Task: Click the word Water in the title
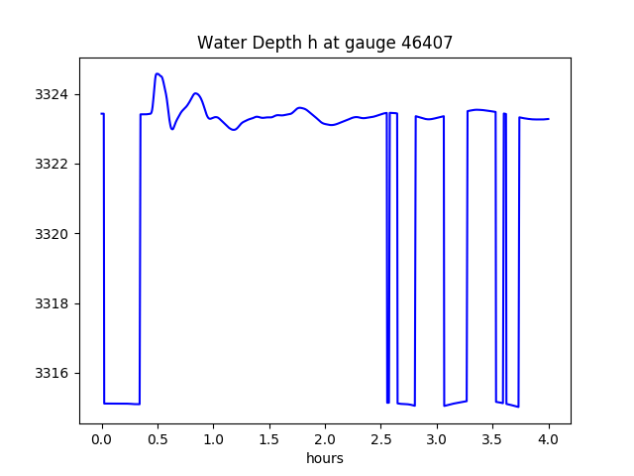coord(218,43)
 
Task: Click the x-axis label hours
coord(325,458)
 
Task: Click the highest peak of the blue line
coord(157,73)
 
